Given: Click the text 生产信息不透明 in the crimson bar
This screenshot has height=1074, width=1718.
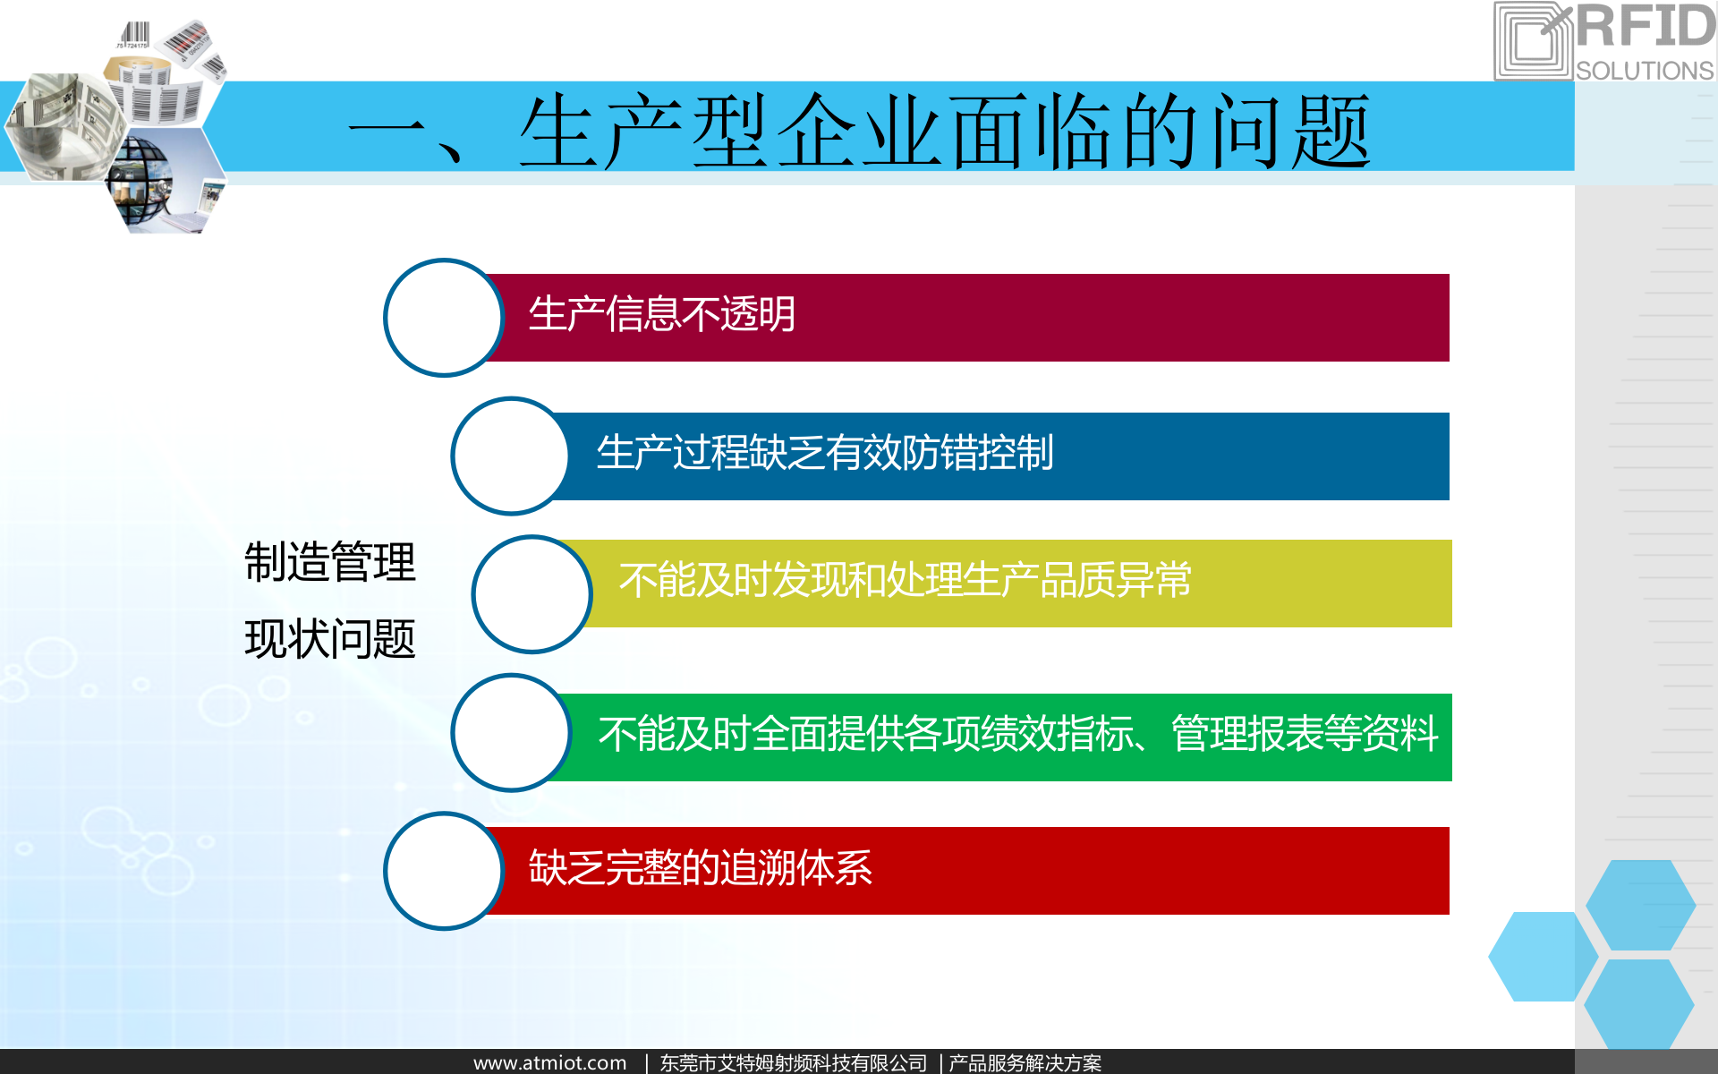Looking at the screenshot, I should tap(661, 314).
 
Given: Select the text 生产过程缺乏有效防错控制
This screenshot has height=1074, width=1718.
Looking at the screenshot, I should tap(824, 453).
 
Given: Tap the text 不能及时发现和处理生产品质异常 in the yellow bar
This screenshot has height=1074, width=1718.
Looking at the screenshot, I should tap(905, 580).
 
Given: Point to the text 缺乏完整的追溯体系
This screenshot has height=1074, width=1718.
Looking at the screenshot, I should tap(700, 868).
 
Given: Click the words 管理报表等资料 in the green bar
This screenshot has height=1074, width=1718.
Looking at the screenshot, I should tap(1305, 734).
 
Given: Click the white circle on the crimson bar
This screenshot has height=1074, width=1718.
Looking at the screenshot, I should tap(443, 318).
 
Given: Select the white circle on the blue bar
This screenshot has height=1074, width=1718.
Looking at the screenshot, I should tap(510, 456).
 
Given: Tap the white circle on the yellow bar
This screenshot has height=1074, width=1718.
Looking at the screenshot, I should tap(532, 594).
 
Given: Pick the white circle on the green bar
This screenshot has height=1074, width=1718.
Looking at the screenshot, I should tap(510, 733).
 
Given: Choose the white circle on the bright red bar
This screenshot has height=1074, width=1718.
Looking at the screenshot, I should tap(443, 871).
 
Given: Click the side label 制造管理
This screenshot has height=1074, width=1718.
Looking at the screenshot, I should tap(330, 562).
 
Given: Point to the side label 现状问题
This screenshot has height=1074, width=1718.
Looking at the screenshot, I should tap(330, 639).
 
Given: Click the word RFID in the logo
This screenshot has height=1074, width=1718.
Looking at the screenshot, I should tap(1645, 27).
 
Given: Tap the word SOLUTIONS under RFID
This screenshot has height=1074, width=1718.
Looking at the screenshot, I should tap(1645, 71).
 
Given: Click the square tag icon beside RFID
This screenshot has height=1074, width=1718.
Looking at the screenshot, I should tap(1533, 41).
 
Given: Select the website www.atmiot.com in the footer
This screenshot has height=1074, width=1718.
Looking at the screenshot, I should tap(549, 1062).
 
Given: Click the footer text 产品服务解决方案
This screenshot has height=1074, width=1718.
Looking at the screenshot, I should tap(1025, 1062).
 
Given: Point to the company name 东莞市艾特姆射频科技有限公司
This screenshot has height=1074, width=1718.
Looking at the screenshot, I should tap(793, 1062).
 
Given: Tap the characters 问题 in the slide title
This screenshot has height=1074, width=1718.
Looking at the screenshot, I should tap(1288, 132).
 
